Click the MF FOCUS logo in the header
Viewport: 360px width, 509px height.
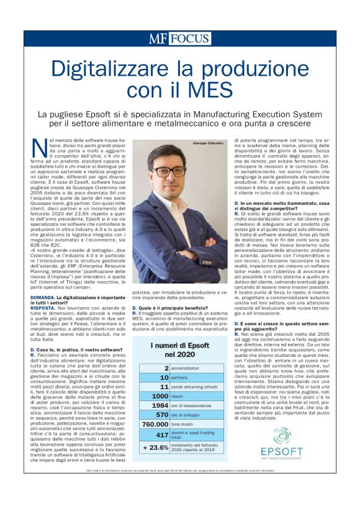pos(179,38)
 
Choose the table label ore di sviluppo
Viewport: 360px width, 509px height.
pos(187,414)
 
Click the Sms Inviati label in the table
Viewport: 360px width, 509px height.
pos(186,424)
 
